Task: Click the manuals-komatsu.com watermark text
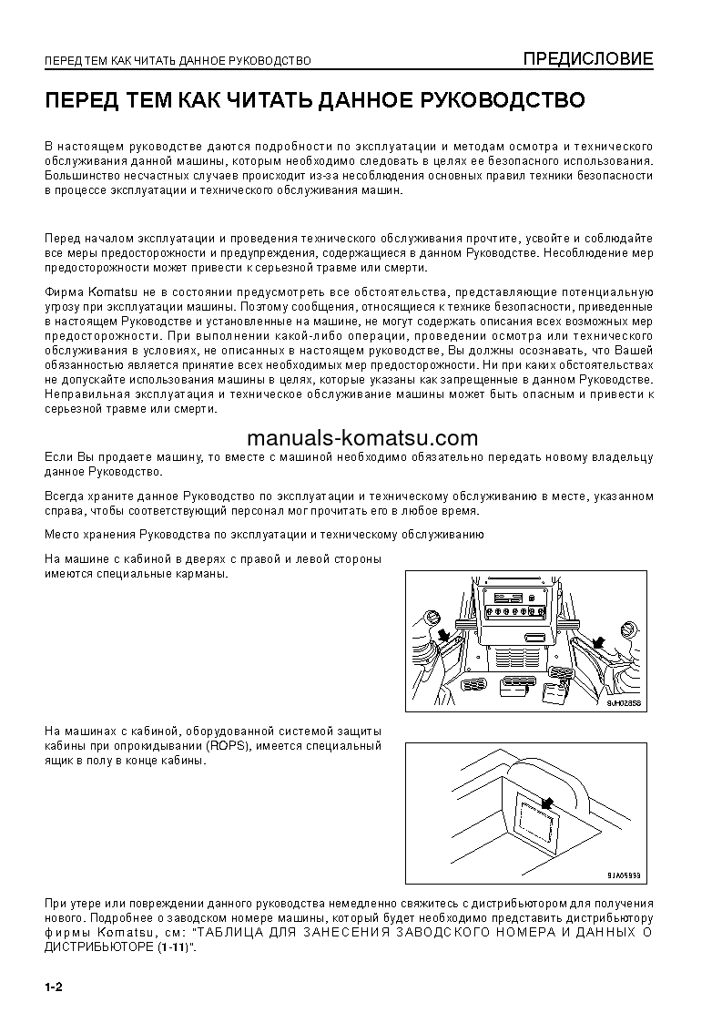click(x=361, y=437)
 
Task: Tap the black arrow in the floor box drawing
click(x=546, y=803)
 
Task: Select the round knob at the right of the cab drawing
click(x=627, y=630)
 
